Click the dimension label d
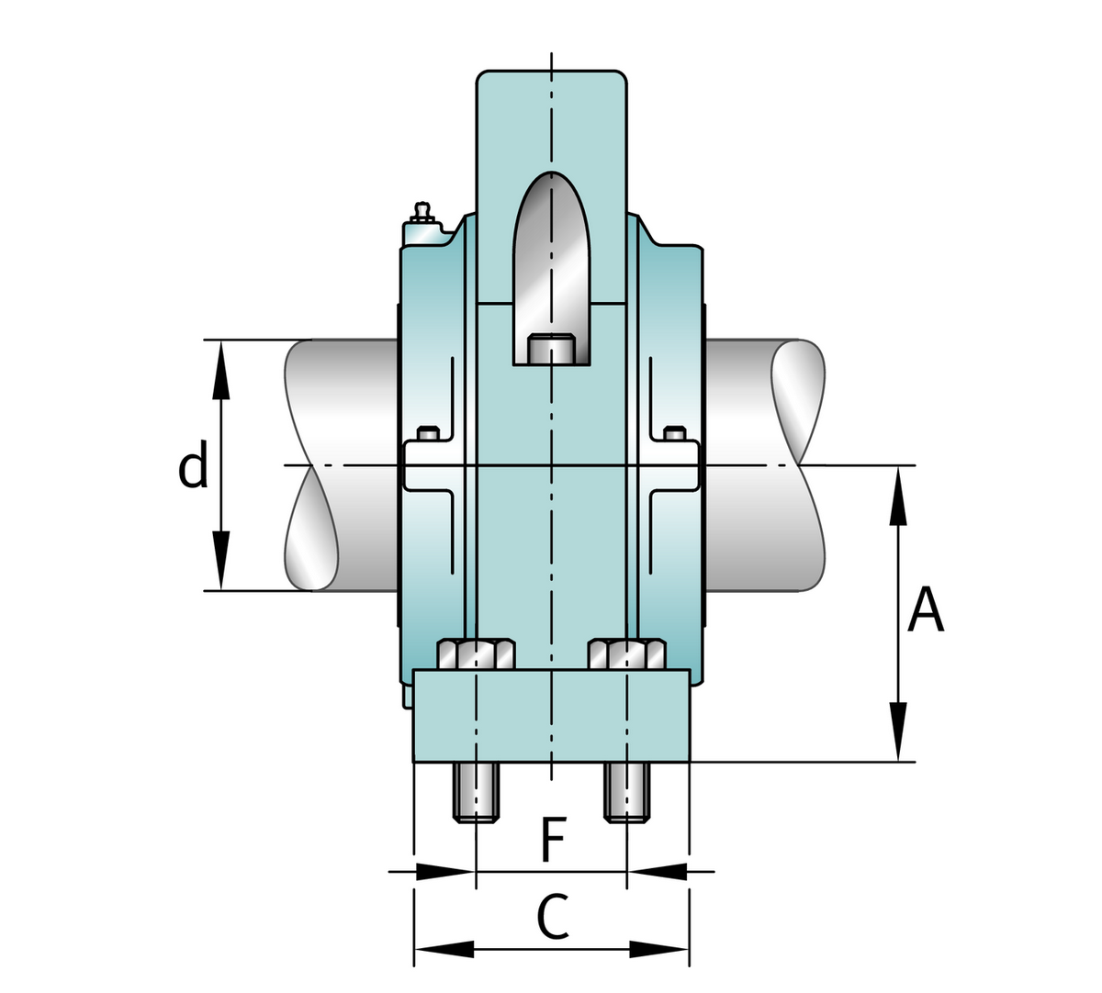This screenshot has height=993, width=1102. pos(193,466)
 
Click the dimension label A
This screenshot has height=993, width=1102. pos(925,611)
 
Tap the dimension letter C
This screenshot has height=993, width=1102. pos(552,918)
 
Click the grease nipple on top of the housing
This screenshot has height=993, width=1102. pos(422,214)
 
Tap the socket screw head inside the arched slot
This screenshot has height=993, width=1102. pos(551,351)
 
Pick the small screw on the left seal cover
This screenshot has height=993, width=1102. pos(427,433)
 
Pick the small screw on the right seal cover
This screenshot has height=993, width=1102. pos(675,433)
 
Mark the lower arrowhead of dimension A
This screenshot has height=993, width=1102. pos(897,734)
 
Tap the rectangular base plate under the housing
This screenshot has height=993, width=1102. pos(551,716)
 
